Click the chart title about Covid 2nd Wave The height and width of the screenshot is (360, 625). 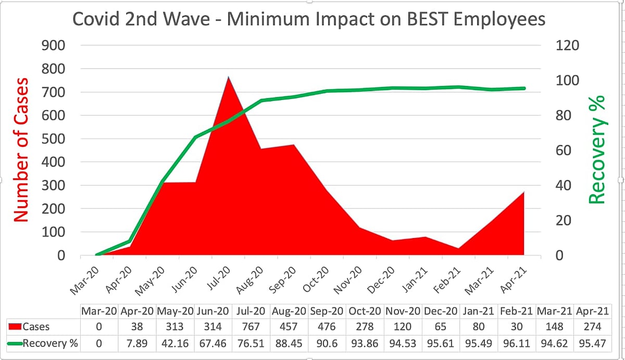pos(309,19)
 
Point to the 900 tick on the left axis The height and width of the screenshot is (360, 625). pos(53,46)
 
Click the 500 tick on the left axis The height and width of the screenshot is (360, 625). pos(53,139)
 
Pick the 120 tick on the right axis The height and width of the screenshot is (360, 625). pos(568,46)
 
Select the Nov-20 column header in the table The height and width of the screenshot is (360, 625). pos(403,312)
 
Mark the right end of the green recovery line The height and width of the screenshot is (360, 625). pos(524,88)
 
